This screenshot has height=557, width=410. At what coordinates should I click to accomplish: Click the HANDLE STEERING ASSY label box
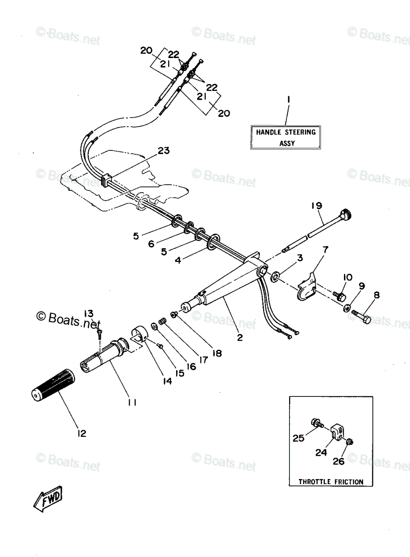click(285, 137)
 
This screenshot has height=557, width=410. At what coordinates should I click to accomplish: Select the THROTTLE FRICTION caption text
click(331, 482)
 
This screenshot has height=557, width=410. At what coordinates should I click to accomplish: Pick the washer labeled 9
click(347, 308)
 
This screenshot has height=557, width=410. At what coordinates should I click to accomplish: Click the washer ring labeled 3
click(275, 278)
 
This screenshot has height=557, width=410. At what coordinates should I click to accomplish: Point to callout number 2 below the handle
click(240, 337)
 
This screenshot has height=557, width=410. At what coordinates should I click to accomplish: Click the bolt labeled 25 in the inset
click(317, 423)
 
